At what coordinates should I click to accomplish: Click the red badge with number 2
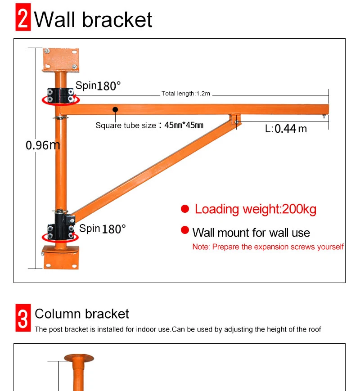point(23,19)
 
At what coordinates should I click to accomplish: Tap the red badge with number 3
point(23,319)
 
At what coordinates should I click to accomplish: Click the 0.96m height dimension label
point(42,145)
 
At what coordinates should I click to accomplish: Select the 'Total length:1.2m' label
point(186,94)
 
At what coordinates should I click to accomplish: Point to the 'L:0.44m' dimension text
point(286,129)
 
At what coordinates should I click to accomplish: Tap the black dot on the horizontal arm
point(116,109)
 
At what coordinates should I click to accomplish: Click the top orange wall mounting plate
point(60,59)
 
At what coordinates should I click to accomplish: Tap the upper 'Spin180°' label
point(98,85)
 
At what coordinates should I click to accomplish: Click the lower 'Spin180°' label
point(102,229)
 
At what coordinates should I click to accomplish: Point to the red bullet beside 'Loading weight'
point(185,209)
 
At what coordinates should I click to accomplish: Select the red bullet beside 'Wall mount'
point(185,230)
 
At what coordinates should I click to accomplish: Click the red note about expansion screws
point(268,247)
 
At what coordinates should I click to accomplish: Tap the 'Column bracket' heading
point(82,314)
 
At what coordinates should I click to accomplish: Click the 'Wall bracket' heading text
point(94,19)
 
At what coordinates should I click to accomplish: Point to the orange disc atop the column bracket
point(79,358)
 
